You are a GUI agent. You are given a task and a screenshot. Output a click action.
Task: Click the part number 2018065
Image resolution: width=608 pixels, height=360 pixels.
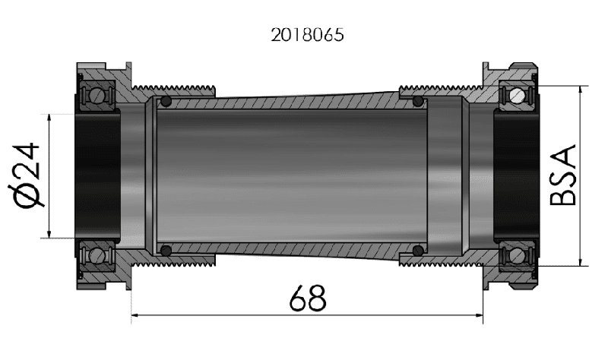[305, 35]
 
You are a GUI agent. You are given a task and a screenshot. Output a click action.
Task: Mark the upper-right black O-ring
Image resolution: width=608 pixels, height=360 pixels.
[417, 101]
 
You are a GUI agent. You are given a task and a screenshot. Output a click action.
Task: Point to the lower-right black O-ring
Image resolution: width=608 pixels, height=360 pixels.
[417, 250]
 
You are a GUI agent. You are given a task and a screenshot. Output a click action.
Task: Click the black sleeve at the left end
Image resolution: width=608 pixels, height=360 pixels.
[97, 175]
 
